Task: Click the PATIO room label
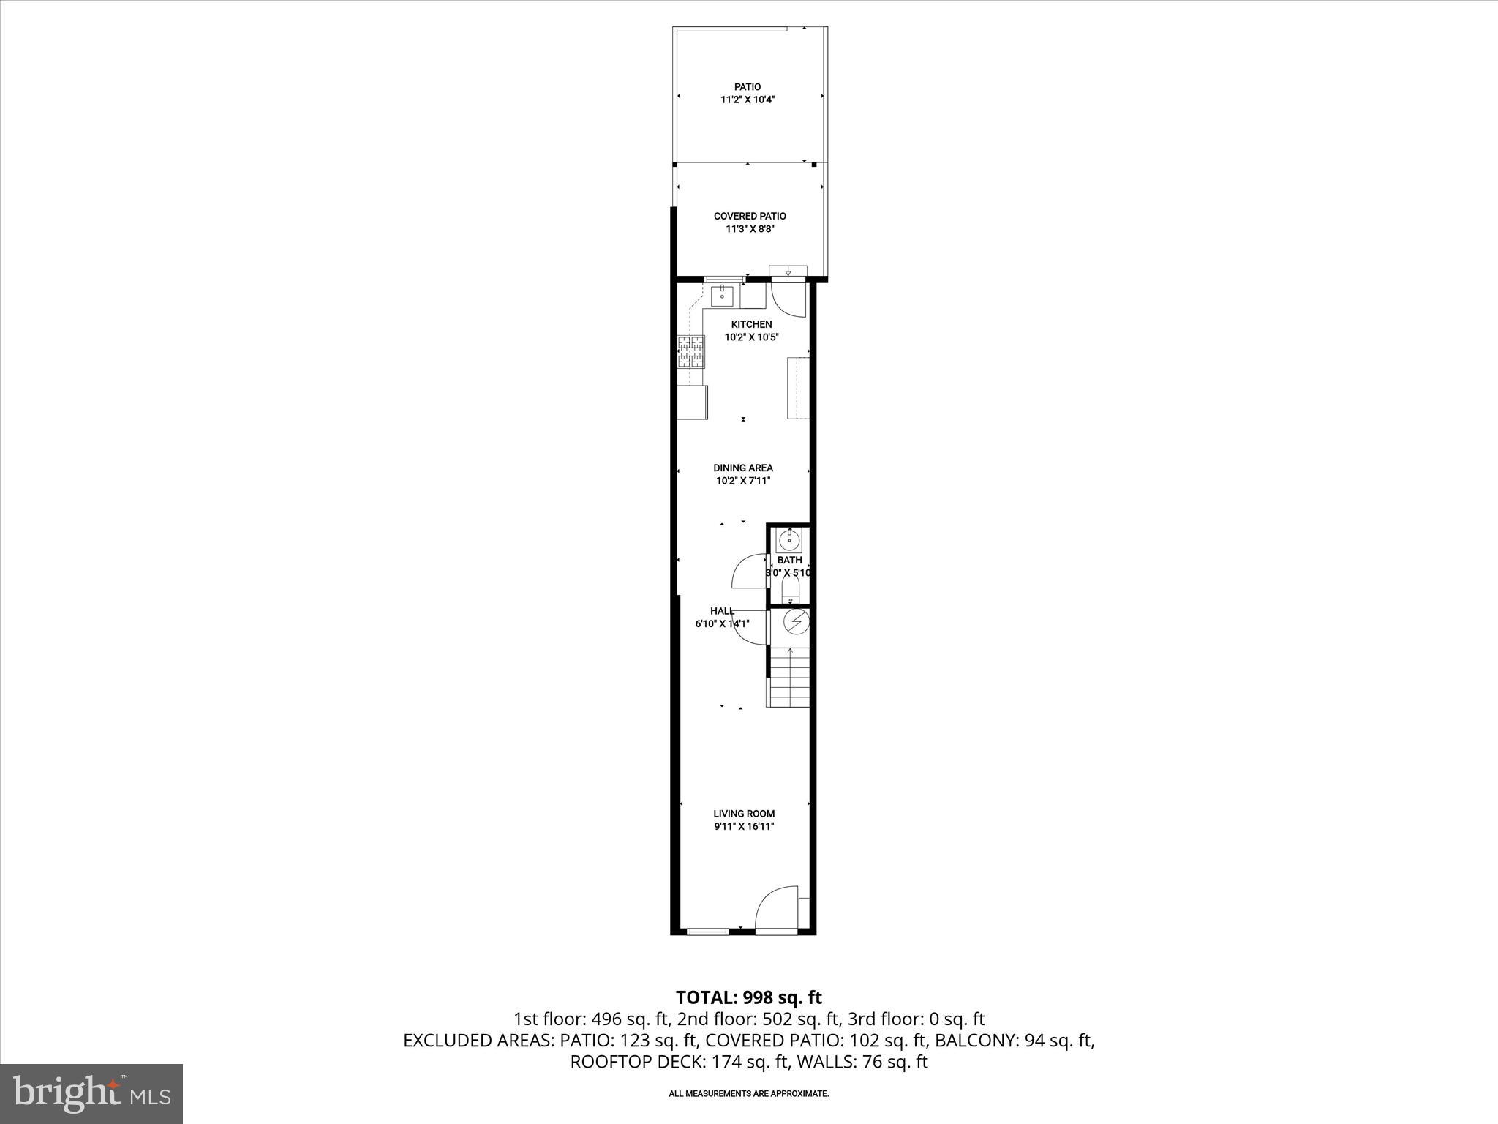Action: pos(747,87)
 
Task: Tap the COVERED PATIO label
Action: pos(750,216)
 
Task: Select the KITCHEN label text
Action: pos(751,324)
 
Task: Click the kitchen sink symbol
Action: pos(723,296)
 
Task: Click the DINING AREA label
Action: pos(743,468)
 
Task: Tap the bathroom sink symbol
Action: pos(789,541)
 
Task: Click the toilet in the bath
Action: pos(791,588)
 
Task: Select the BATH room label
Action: pos(789,560)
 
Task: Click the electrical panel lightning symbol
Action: pos(796,622)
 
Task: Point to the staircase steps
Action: pos(790,681)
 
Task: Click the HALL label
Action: pos(722,611)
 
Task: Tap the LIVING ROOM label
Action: pos(744,813)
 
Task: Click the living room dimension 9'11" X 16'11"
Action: pos(744,826)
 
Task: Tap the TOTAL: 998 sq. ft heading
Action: pos(748,997)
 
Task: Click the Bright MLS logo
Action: pos(91,1093)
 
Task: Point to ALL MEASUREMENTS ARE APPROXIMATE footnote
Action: pos(748,1093)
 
